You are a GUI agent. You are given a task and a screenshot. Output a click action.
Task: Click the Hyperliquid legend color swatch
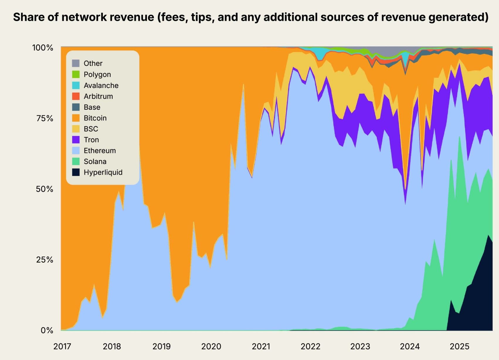click(76, 172)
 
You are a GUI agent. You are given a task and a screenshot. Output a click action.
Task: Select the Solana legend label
click(95, 161)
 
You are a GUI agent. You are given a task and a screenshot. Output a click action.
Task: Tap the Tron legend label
click(91, 140)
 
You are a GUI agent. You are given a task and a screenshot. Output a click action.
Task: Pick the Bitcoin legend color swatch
click(76, 118)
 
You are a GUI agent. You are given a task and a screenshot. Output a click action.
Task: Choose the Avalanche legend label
click(101, 85)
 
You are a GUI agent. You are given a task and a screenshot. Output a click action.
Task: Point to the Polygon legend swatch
click(76, 74)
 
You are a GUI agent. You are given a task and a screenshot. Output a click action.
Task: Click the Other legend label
click(93, 63)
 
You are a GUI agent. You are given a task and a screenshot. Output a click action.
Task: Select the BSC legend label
click(91, 129)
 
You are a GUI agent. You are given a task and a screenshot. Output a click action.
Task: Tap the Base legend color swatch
click(76, 107)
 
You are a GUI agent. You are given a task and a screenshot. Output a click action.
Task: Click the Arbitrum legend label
click(98, 96)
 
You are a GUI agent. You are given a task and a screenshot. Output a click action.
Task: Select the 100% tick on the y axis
click(43, 47)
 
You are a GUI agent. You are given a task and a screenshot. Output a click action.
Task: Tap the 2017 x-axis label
click(62, 346)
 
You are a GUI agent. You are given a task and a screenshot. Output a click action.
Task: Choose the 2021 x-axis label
click(261, 346)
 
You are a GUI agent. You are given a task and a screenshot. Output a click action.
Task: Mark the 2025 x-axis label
click(459, 346)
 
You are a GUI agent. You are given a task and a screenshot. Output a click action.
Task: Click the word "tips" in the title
click(202, 17)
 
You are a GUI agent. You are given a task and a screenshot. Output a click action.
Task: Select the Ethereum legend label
click(100, 150)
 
